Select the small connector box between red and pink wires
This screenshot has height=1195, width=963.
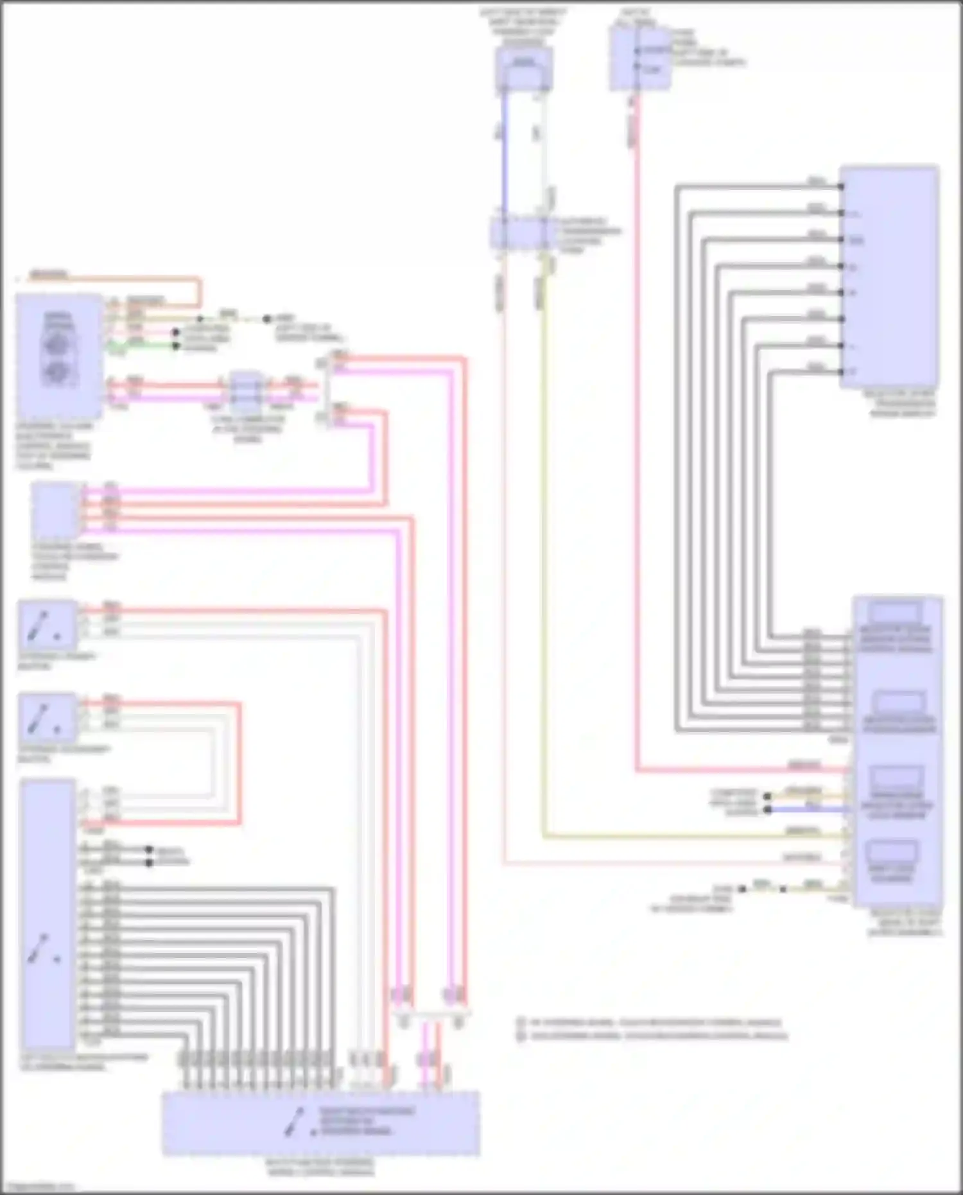(245, 392)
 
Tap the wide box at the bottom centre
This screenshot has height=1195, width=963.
(320, 1122)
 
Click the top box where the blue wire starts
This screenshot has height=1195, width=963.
(524, 68)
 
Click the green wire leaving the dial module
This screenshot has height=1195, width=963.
(148, 345)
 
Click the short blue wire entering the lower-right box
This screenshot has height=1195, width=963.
(809, 809)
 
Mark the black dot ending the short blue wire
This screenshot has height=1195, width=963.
(767, 810)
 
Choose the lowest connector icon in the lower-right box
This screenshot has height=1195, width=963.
(892, 854)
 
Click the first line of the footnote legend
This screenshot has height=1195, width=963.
(652, 1022)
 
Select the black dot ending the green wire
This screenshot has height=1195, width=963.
(176, 346)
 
